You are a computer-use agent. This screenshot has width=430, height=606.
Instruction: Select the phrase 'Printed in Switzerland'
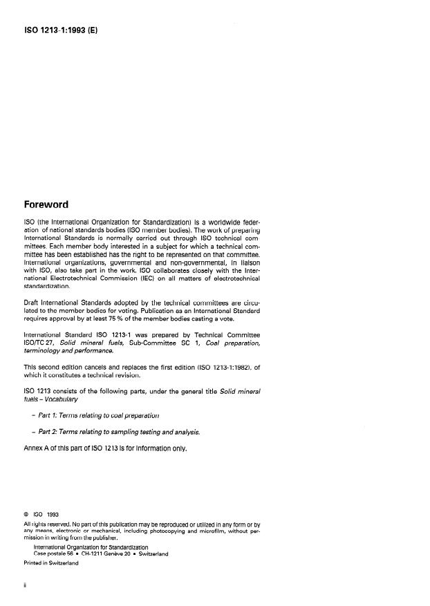[51, 563]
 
